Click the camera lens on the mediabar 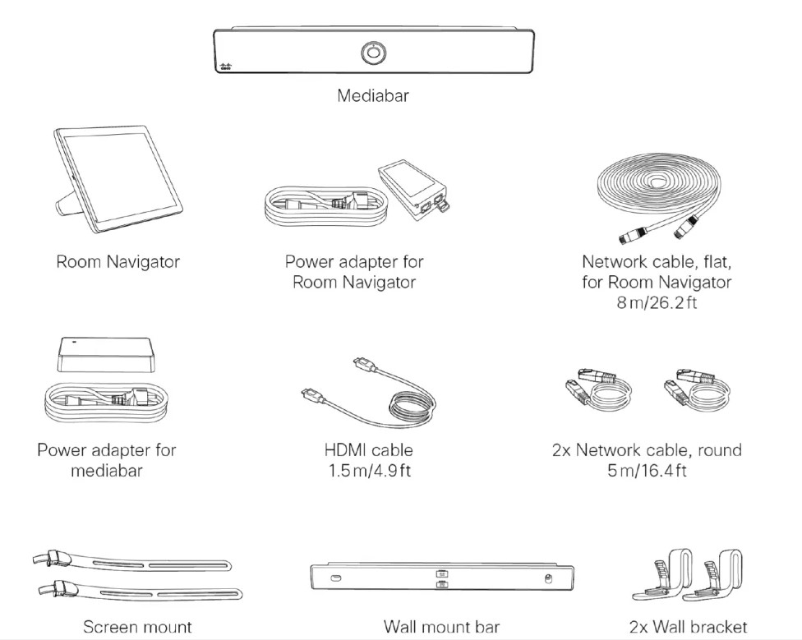[x=373, y=52]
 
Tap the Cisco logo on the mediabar [x=225, y=67]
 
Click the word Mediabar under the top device [x=373, y=95]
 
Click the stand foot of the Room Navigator [x=69, y=201]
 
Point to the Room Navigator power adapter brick [x=415, y=189]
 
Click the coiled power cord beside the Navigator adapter [x=326, y=206]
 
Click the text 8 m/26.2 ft [x=657, y=302]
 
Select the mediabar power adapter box [x=106, y=354]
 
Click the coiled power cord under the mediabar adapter [x=106, y=403]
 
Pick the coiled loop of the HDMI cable [x=411, y=404]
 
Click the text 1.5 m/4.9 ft [x=369, y=470]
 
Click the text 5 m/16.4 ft [x=647, y=470]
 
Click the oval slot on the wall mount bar [x=336, y=578]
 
